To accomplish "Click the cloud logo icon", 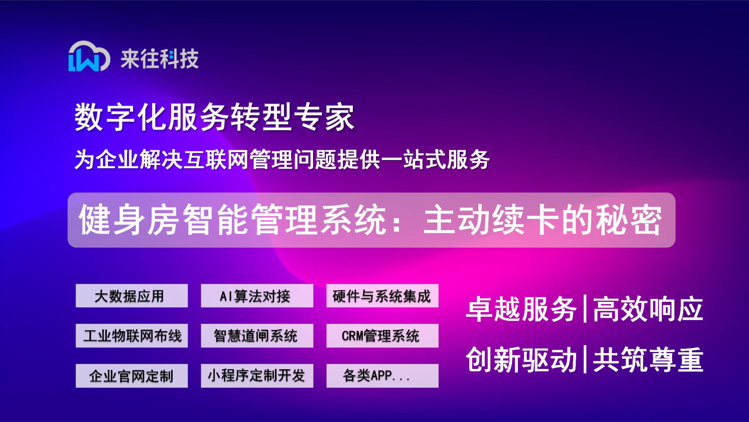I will pos(89,56).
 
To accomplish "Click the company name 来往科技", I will pos(160,59).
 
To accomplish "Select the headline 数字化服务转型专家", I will pos(214,117).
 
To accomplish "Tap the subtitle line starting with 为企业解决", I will pos(282,160).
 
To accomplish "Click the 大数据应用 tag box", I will pos(132,296).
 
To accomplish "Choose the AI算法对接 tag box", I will pos(257,296).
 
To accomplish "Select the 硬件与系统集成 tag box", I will pos(382,296).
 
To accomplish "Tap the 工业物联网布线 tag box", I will pos(132,336).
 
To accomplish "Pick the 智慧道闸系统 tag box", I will pos(257,336).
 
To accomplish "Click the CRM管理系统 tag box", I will pos(382,336).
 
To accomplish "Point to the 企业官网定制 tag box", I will pos(132,375).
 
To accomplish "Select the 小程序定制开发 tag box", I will pos(257,375).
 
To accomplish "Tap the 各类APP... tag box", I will pos(382,375).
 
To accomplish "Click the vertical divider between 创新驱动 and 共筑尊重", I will pos(585,359).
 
